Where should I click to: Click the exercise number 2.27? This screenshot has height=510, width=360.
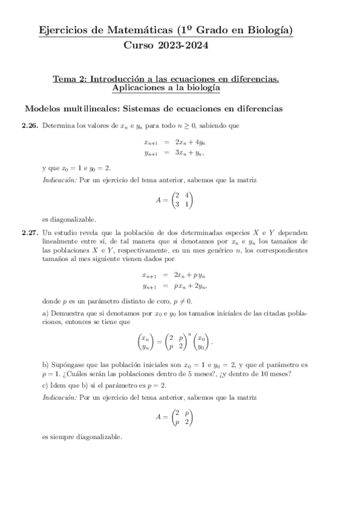tap(30, 232)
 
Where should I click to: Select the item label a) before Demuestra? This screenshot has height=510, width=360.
tap(45, 313)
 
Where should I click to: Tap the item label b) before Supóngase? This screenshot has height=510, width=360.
tap(45, 365)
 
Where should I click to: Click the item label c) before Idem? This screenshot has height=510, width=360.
tap(45, 385)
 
